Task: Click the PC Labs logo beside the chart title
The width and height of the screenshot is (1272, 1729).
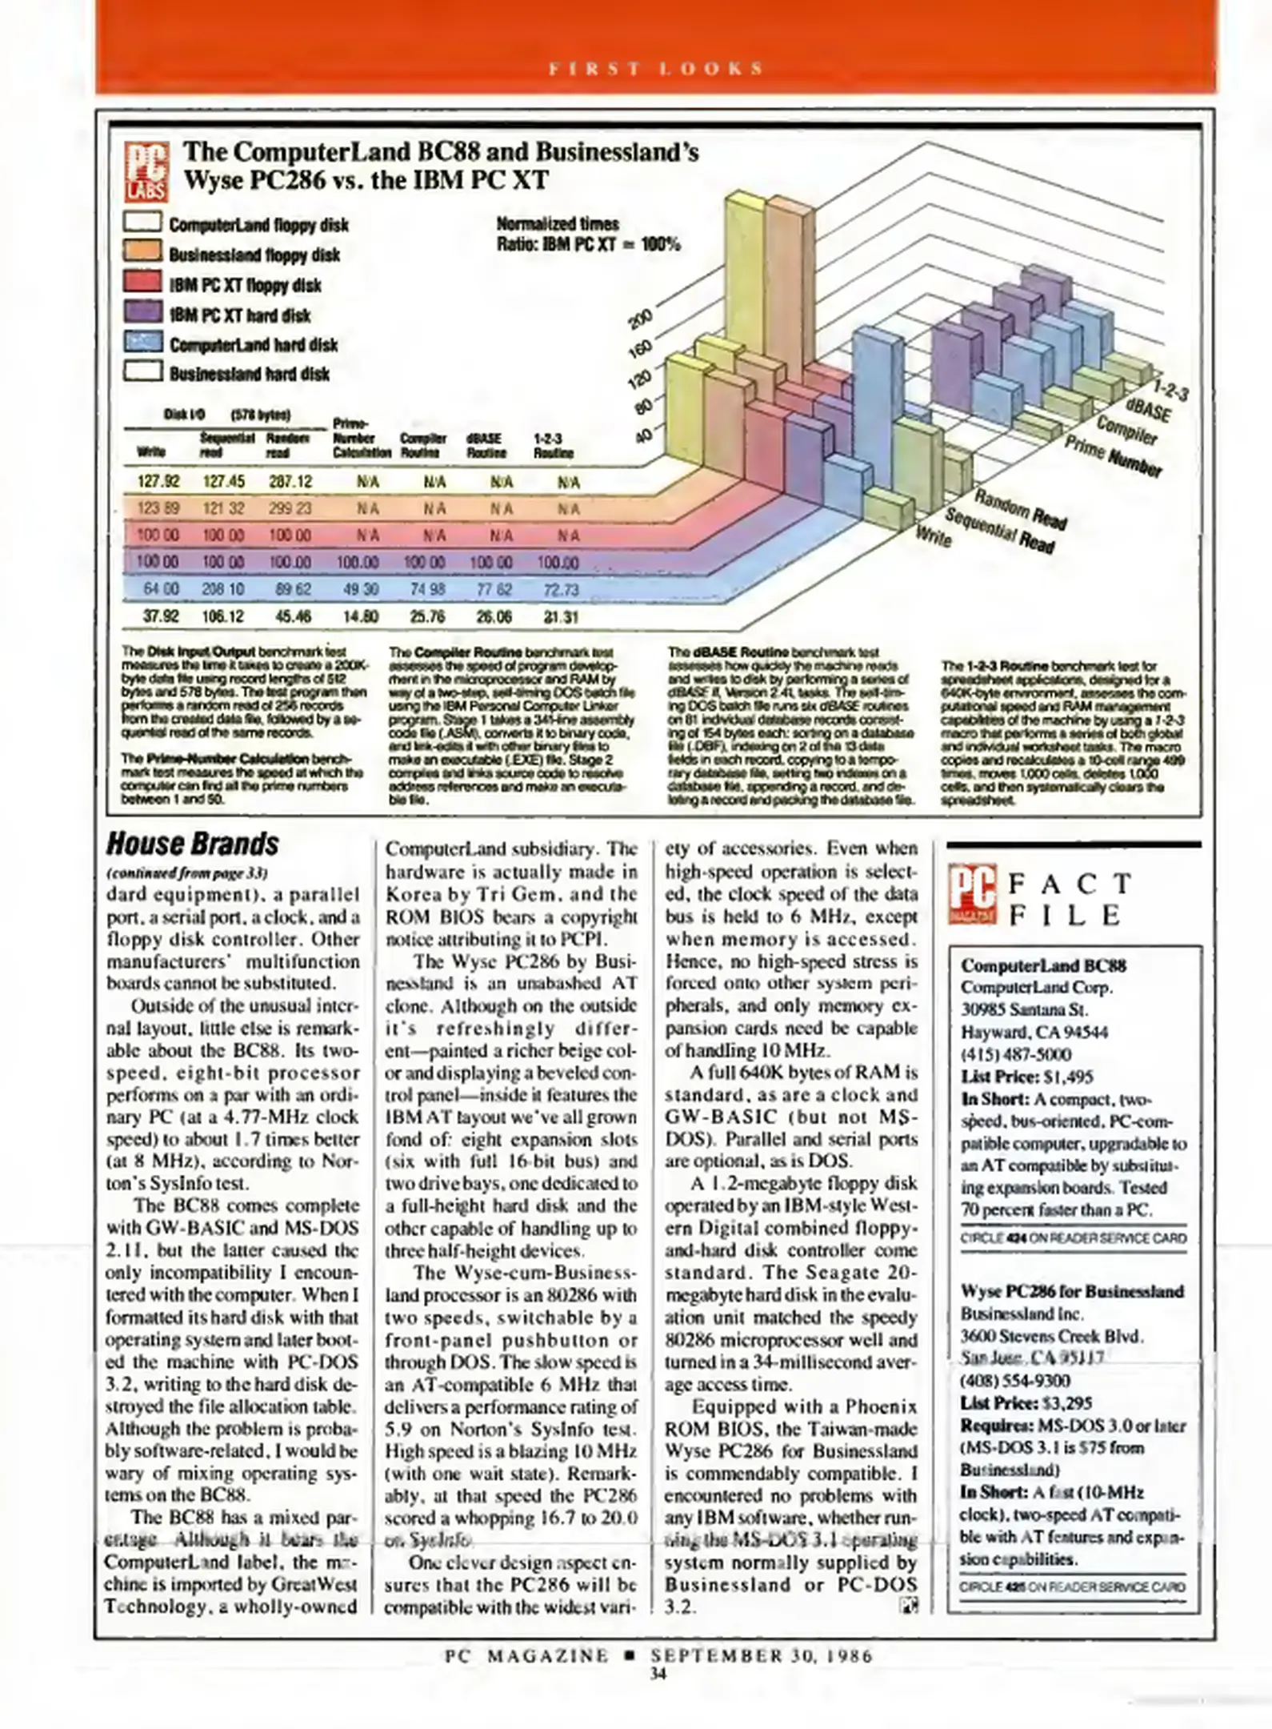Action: point(146,170)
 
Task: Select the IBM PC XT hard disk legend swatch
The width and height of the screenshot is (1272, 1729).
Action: point(143,313)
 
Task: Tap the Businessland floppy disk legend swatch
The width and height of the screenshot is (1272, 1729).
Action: point(143,253)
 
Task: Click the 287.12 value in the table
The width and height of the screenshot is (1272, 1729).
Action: point(290,481)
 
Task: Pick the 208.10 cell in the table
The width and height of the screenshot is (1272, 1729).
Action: point(223,589)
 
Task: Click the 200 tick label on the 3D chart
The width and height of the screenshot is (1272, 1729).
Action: point(644,318)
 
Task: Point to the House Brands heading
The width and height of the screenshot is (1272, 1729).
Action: point(193,844)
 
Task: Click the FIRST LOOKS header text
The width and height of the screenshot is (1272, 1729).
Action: point(656,69)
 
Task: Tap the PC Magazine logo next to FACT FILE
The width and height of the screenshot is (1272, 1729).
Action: point(973,894)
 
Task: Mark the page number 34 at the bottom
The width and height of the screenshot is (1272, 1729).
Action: point(658,1673)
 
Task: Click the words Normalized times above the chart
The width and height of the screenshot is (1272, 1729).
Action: point(558,224)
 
